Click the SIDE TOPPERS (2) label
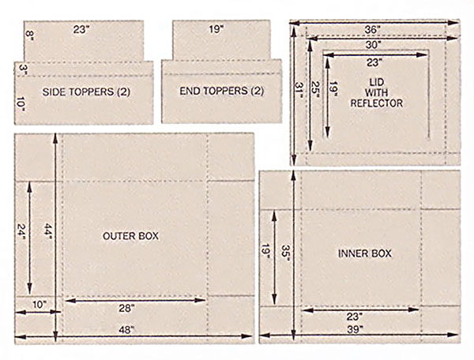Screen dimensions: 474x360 click(x=86, y=92)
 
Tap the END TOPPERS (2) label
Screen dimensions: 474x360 click(x=221, y=91)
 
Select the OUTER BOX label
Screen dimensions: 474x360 click(x=130, y=236)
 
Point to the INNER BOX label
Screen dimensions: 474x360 click(x=364, y=253)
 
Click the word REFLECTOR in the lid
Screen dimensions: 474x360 click(x=376, y=103)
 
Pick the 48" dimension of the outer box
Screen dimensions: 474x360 click(x=126, y=330)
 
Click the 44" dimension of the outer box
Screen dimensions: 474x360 click(x=48, y=231)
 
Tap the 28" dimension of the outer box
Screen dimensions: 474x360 click(x=126, y=309)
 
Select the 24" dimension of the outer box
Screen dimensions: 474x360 click(x=22, y=231)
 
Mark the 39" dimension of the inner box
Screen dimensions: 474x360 click(x=355, y=329)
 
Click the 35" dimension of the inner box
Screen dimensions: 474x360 click(x=285, y=251)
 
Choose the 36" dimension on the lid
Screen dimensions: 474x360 click(x=372, y=30)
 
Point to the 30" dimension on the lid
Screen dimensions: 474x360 click(x=372, y=45)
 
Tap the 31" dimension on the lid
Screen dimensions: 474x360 click(x=299, y=90)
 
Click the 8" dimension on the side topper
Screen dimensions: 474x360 click(x=28, y=36)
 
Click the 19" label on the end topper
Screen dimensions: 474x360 click(x=216, y=29)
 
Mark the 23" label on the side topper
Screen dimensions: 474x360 click(x=81, y=29)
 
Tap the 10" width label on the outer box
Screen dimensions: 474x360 click(x=39, y=305)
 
